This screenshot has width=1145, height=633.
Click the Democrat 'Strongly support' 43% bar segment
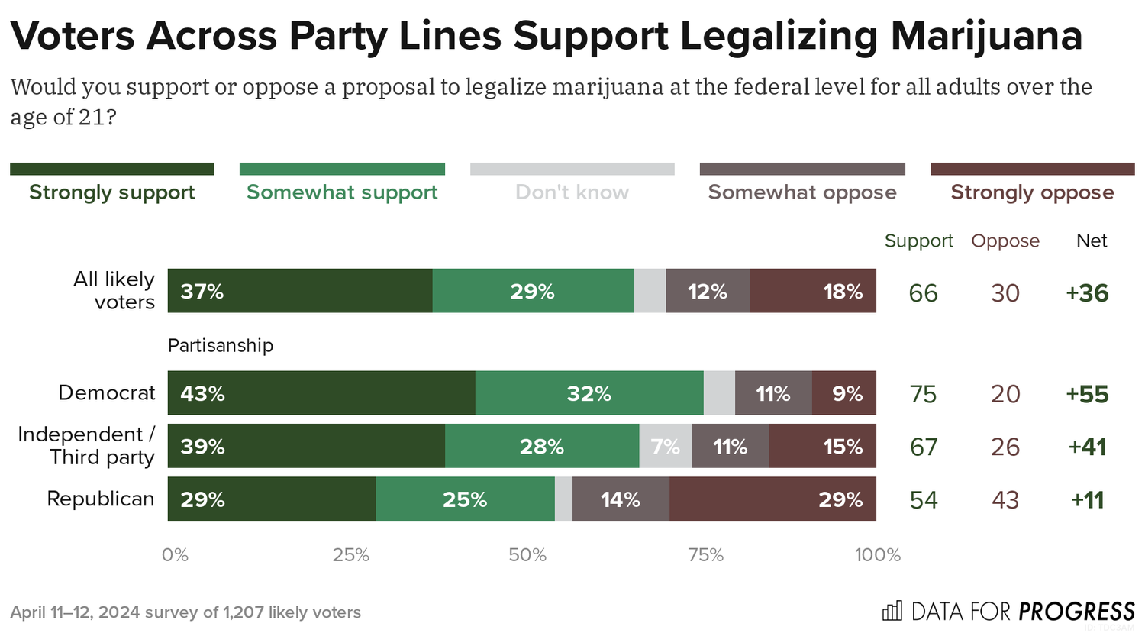pyautogui.click(x=321, y=393)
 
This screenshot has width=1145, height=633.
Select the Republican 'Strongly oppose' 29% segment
pyautogui.click(x=772, y=499)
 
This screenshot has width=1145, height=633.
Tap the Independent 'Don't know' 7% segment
pyautogui.click(x=666, y=447)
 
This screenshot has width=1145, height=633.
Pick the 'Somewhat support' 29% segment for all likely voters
pyautogui.click(x=533, y=291)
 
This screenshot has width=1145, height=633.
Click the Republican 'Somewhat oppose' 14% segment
pyautogui.click(x=621, y=499)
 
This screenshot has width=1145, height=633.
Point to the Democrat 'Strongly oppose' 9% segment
pyautogui.click(x=844, y=393)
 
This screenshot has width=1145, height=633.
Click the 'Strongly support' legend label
pyautogui.click(x=112, y=192)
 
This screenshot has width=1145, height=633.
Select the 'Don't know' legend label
pyautogui.click(x=572, y=192)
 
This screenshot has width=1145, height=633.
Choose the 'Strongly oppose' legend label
pyautogui.click(x=1032, y=192)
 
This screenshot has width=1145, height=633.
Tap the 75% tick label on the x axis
pyautogui.click(x=705, y=555)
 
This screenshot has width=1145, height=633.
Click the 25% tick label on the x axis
pyautogui.click(x=350, y=555)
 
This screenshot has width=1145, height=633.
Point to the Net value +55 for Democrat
pyautogui.click(x=1087, y=394)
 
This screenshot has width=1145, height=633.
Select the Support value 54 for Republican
pyautogui.click(x=924, y=500)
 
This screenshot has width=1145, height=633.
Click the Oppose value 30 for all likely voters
pyautogui.click(x=1005, y=293)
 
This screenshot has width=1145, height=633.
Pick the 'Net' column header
pyautogui.click(x=1092, y=241)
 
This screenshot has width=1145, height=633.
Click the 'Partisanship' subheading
pyautogui.click(x=221, y=346)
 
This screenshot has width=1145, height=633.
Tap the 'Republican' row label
pyautogui.click(x=101, y=499)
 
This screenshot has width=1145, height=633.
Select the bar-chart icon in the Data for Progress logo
pyautogui.click(x=892, y=611)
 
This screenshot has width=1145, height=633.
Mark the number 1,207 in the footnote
pyautogui.click(x=243, y=612)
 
